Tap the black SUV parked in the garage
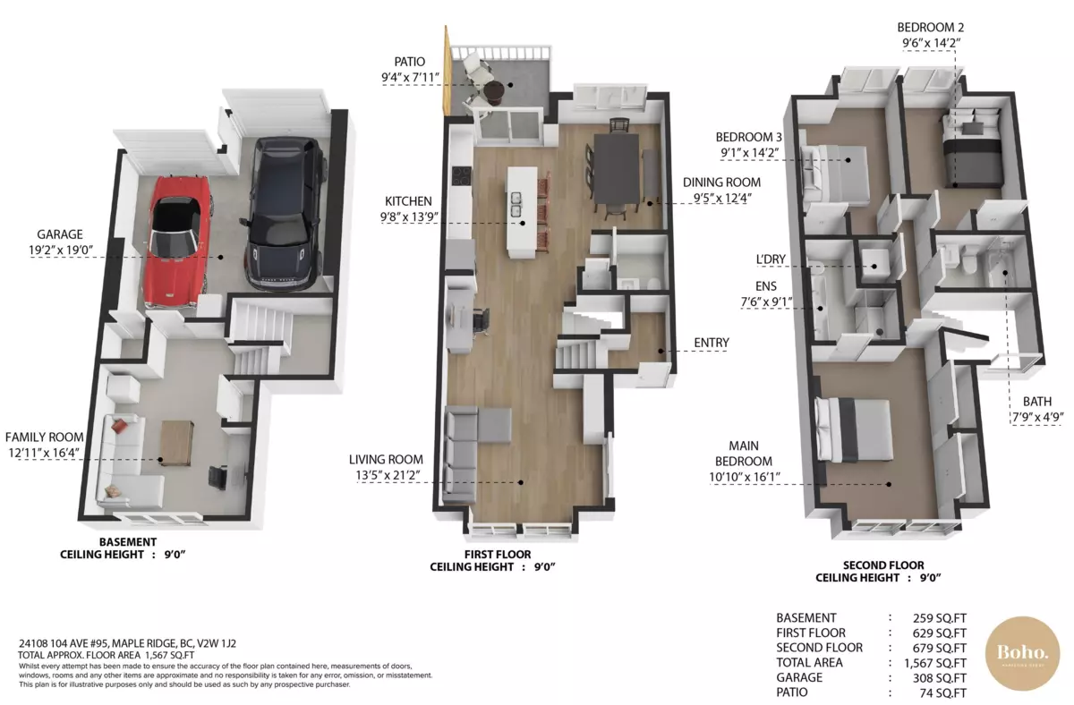(x=284, y=213)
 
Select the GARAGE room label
(x=60, y=234)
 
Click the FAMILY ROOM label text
(x=44, y=437)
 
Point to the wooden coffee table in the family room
(x=176, y=443)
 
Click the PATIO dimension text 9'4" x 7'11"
(x=411, y=77)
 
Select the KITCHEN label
(x=408, y=201)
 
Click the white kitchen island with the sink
(x=522, y=211)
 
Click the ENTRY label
(x=712, y=343)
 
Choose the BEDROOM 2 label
(x=931, y=28)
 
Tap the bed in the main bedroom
(x=854, y=429)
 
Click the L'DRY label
(x=771, y=259)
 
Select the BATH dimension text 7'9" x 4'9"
(x=1037, y=418)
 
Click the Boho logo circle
(x=1022, y=654)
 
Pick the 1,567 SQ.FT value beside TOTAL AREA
(x=935, y=663)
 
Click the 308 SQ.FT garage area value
(x=939, y=678)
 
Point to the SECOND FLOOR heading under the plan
(x=883, y=565)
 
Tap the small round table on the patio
(x=494, y=91)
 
